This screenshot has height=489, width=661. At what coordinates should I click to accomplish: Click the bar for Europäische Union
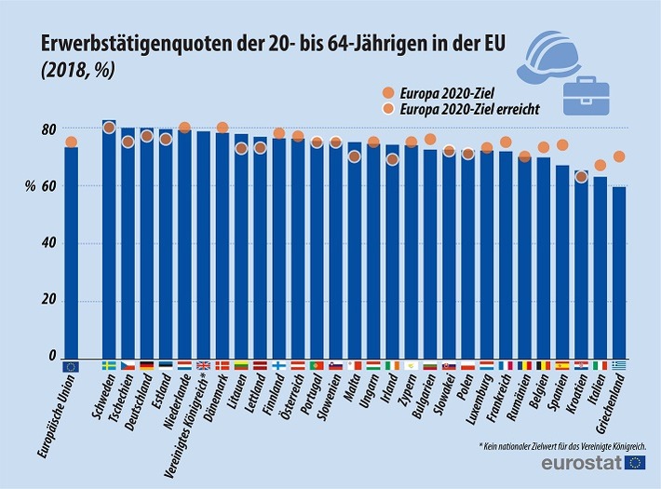tap(71, 251)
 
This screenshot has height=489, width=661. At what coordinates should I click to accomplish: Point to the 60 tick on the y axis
tap(47, 186)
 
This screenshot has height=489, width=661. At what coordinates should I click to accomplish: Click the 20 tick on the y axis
tap(47, 301)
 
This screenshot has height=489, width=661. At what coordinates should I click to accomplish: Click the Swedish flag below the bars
tap(109, 366)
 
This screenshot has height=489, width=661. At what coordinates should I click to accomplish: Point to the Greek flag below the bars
tap(619, 366)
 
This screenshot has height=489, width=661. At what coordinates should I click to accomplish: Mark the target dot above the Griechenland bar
tap(619, 156)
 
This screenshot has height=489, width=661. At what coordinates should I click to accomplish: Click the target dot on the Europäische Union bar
tap(71, 143)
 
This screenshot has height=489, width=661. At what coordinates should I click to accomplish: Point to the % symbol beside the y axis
tap(31, 185)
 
